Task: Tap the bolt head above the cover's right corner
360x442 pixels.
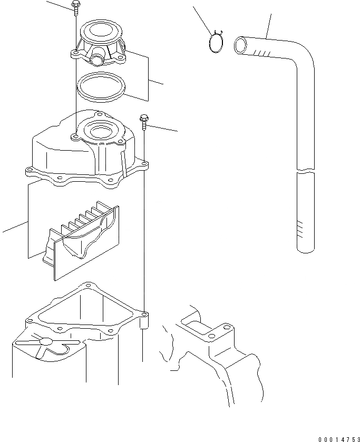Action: [x=144, y=118]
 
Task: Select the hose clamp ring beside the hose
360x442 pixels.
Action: [x=216, y=42]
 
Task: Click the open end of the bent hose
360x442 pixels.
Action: [x=240, y=45]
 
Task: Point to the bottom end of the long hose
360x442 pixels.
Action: [x=306, y=250]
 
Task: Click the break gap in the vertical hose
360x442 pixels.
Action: [x=306, y=171]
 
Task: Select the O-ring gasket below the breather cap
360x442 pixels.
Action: [x=101, y=86]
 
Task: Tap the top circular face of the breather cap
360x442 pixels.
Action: [x=101, y=30]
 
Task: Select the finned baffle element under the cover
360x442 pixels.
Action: [x=81, y=240]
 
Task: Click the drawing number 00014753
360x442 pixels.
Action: [x=339, y=439]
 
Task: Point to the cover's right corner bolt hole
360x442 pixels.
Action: [x=144, y=163]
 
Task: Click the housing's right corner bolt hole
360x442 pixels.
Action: [x=144, y=314]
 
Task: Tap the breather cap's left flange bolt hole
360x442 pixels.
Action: [x=75, y=53]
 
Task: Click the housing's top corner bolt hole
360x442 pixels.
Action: [x=89, y=285]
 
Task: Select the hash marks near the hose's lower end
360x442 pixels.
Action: [x=300, y=229]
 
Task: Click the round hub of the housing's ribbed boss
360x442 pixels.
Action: [x=46, y=341]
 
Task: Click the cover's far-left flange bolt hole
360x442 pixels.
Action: [x=30, y=170]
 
